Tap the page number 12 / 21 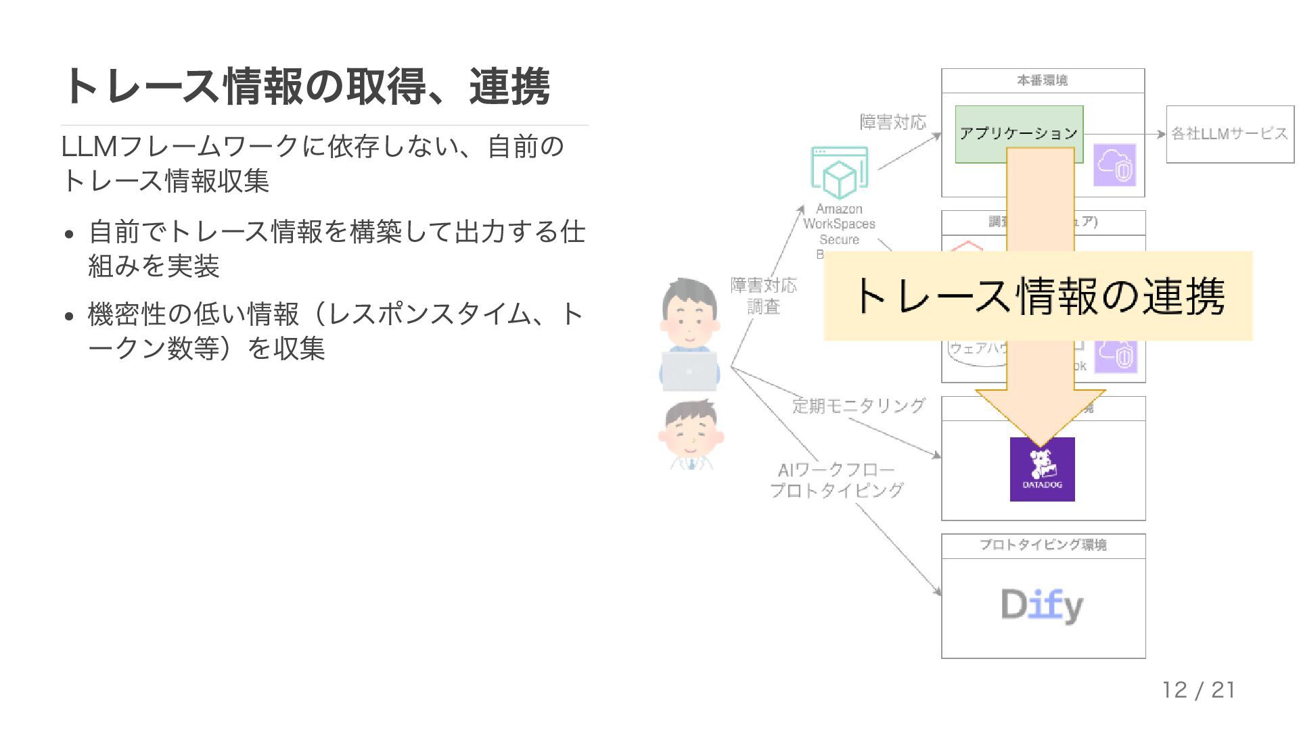point(1198,690)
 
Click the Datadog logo point(1042,469)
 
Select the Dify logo point(1042,605)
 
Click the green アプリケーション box point(981,134)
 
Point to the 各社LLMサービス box point(1229,134)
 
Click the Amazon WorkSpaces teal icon point(839,172)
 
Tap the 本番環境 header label point(1042,80)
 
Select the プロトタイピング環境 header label point(1043,545)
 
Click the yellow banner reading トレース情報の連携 point(1038,296)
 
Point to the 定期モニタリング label point(858,406)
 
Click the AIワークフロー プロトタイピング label point(836,480)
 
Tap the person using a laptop point(689,335)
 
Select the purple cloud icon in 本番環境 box point(1114,166)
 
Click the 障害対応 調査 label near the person point(763,296)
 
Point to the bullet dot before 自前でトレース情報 point(69,235)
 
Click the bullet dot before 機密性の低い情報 point(69,316)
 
